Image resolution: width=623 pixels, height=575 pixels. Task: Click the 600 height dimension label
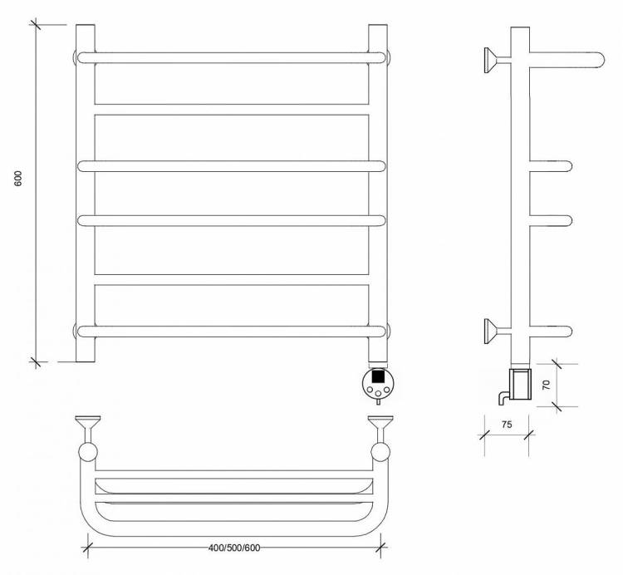coord(18,179)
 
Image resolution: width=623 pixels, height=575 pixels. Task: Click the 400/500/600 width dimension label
coord(234,548)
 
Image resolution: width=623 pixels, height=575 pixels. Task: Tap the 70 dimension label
coord(547,385)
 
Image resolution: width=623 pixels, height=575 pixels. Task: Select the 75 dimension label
coord(507,425)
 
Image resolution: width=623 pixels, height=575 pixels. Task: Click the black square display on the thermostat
coord(378,376)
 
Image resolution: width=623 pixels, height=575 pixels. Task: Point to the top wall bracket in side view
coord(498,60)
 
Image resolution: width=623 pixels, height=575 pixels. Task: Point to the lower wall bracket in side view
coord(498,331)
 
